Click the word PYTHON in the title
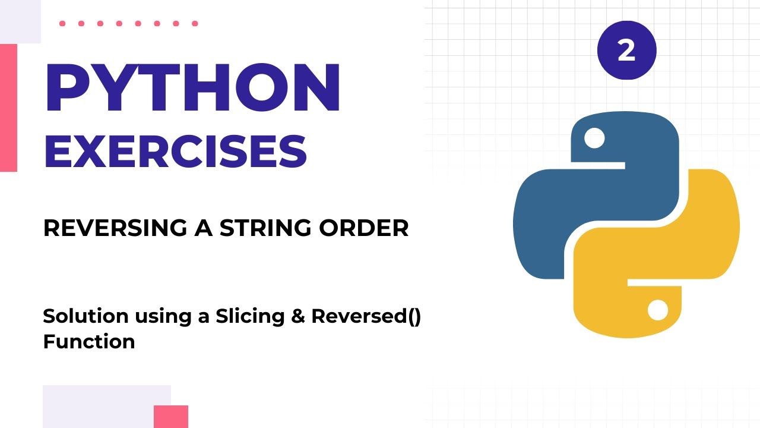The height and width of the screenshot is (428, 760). click(x=192, y=89)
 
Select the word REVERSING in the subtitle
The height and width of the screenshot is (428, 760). click(x=110, y=228)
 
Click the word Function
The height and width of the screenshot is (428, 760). click(x=89, y=342)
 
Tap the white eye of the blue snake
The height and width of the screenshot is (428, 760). click(x=594, y=139)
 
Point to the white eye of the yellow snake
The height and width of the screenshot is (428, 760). click(x=658, y=310)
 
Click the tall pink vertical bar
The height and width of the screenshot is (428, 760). click(x=8, y=108)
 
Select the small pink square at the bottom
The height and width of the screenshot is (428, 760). click(x=171, y=416)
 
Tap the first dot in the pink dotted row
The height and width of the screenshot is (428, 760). click(x=62, y=24)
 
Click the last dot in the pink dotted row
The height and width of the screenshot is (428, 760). click(x=195, y=24)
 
